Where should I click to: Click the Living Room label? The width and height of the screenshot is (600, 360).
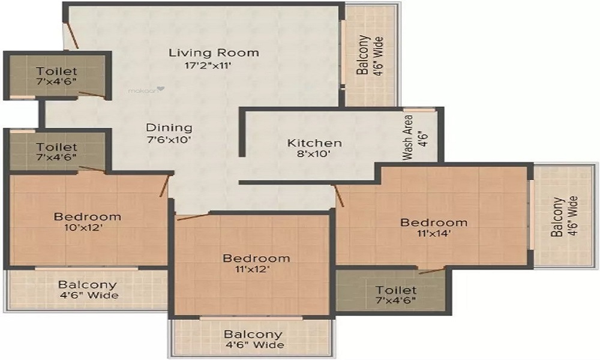click(x=214, y=52)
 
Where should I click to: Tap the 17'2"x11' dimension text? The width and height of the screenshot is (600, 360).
click(x=208, y=65)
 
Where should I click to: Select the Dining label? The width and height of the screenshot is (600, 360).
click(x=169, y=127)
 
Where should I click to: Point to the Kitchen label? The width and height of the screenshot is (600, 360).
click(x=314, y=143)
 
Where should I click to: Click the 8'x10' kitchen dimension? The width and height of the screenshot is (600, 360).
click(x=314, y=154)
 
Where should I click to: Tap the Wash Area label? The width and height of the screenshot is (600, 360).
click(x=408, y=138)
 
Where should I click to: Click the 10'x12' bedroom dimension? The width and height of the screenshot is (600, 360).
click(x=84, y=227)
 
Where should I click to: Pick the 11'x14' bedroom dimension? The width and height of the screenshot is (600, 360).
click(x=434, y=233)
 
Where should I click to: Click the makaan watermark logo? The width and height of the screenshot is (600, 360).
click(x=146, y=91)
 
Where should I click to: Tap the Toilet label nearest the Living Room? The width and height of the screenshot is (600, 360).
click(x=56, y=71)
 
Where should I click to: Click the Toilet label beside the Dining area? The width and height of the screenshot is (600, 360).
click(x=56, y=146)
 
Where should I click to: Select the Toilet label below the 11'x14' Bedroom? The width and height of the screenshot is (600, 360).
click(x=395, y=290)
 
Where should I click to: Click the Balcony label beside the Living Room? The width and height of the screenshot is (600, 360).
click(x=363, y=55)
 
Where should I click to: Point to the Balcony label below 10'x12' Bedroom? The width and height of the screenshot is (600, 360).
click(x=88, y=284)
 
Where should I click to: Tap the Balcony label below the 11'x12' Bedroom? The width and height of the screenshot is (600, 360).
click(x=253, y=334)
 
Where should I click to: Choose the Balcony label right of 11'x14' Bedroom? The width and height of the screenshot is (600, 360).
click(x=557, y=217)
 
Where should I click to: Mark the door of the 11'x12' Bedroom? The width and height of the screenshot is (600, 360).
click(x=193, y=217)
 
